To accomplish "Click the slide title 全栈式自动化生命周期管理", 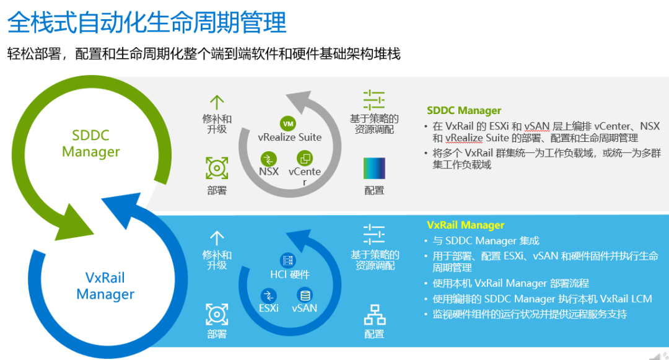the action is pyautogui.click(x=147, y=22).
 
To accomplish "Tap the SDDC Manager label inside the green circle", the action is pyautogui.click(x=91, y=143).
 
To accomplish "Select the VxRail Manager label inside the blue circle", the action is pyautogui.click(x=105, y=286).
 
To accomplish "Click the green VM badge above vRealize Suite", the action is pyautogui.click(x=288, y=124).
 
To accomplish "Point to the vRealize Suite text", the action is pyautogui.click(x=290, y=138).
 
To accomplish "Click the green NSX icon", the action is pyautogui.click(x=268, y=159).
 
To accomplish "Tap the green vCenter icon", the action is pyautogui.click(x=305, y=158).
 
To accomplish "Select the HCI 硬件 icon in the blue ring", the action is pyautogui.click(x=288, y=260).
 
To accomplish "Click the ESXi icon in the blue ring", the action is pyautogui.click(x=268, y=295).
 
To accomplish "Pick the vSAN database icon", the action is pyautogui.click(x=305, y=295).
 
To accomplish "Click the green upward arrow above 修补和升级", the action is pyautogui.click(x=217, y=103).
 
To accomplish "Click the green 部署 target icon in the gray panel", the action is pyautogui.click(x=217, y=168).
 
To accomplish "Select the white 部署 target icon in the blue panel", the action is pyautogui.click(x=217, y=315).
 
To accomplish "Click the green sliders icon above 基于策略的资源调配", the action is pyautogui.click(x=374, y=100).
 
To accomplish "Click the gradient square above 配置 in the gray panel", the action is pyautogui.click(x=374, y=168).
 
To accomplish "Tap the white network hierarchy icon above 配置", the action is pyautogui.click(x=375, y=315).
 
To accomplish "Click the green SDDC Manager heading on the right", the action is pyautogui.click(x=464, y=110).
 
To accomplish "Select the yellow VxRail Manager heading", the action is pyautogui.click(x=465, y=225).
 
